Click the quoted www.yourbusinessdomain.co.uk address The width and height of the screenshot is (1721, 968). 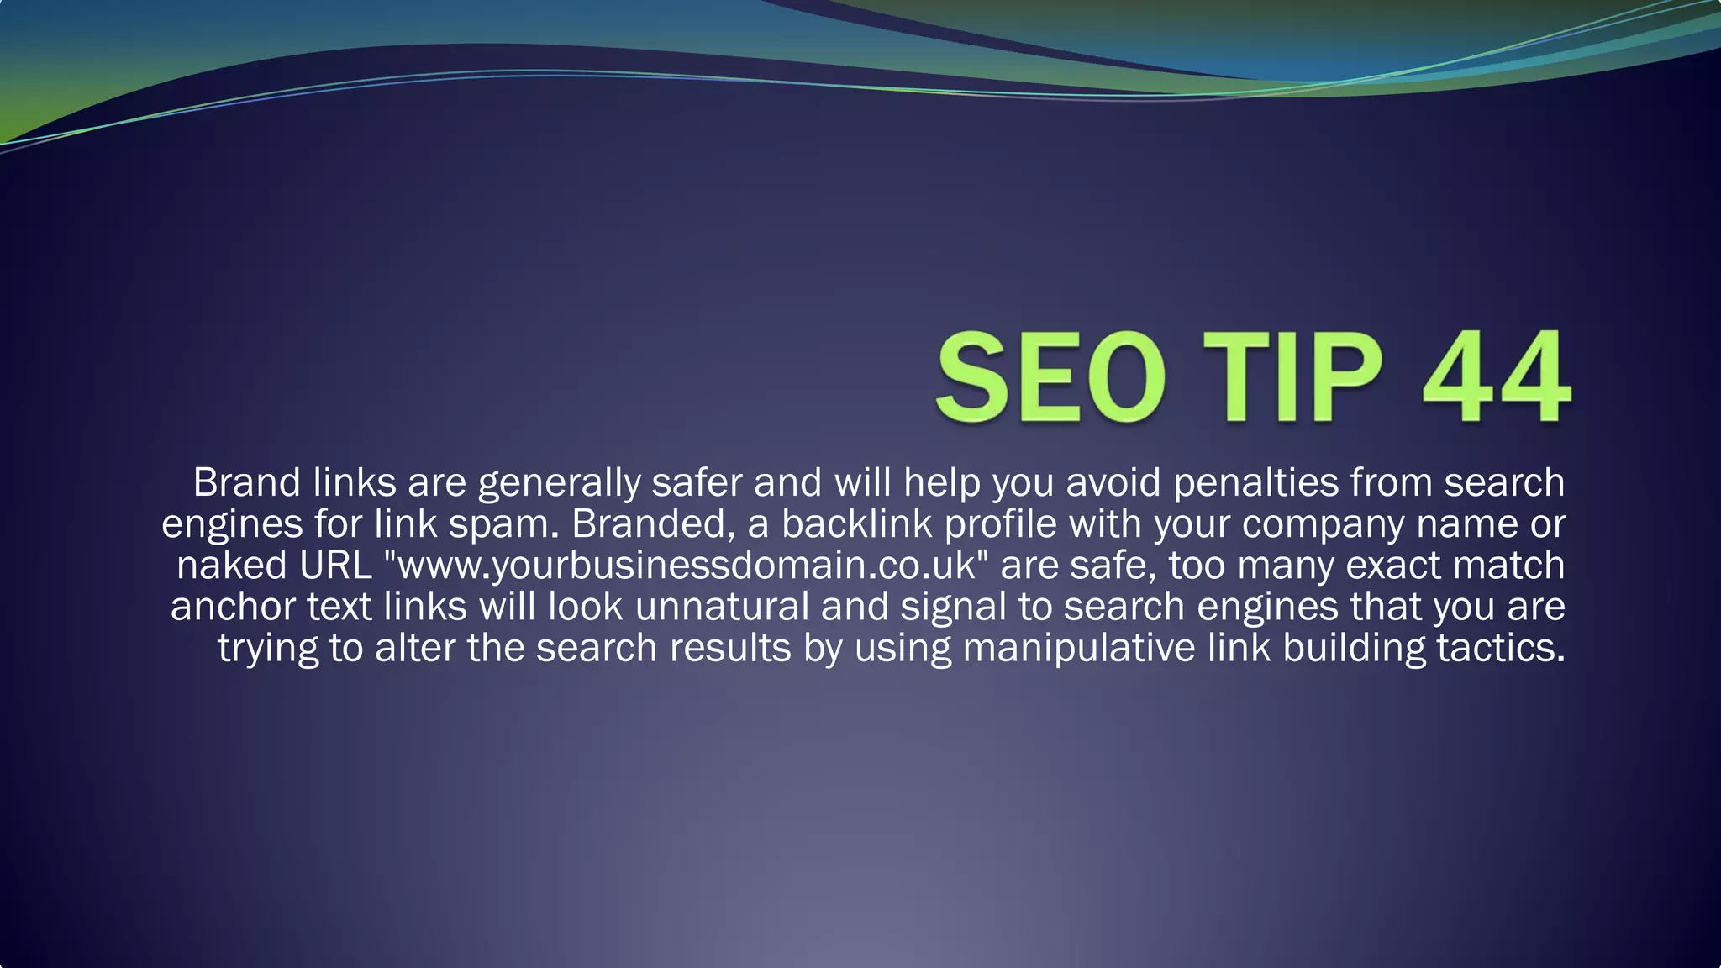686,565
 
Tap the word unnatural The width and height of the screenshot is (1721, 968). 721,606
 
